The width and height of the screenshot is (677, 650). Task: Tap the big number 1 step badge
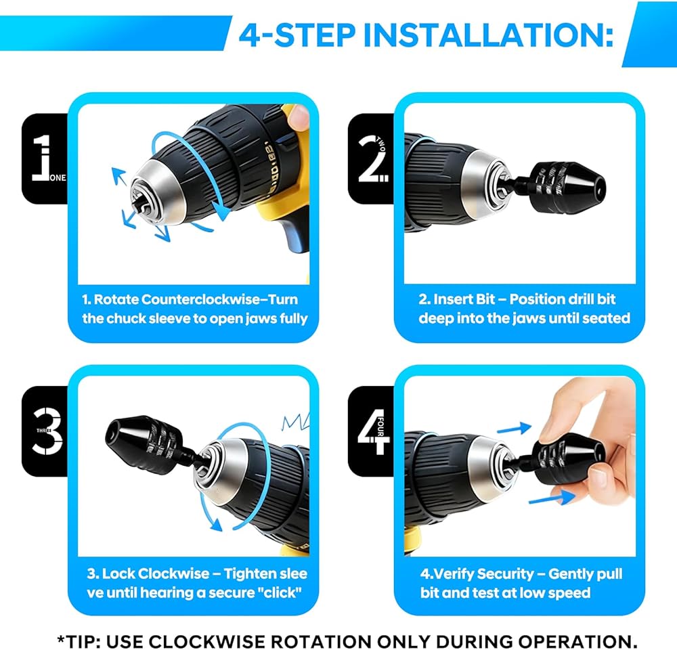point(45,158)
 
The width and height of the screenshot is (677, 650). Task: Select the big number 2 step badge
point(371,158)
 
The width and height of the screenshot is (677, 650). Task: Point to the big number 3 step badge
point(45,431)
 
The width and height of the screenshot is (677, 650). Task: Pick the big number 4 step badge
point(371,431)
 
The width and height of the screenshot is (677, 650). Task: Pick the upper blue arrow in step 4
point(515,428)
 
